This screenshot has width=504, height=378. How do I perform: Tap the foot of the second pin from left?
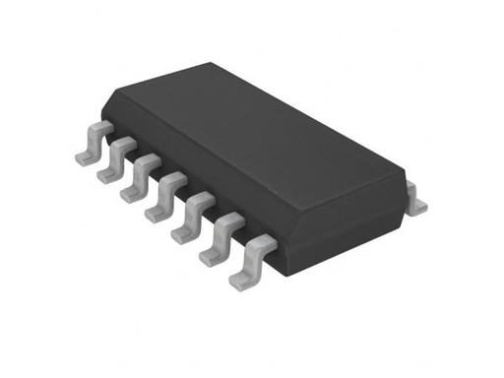coord(105,174)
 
